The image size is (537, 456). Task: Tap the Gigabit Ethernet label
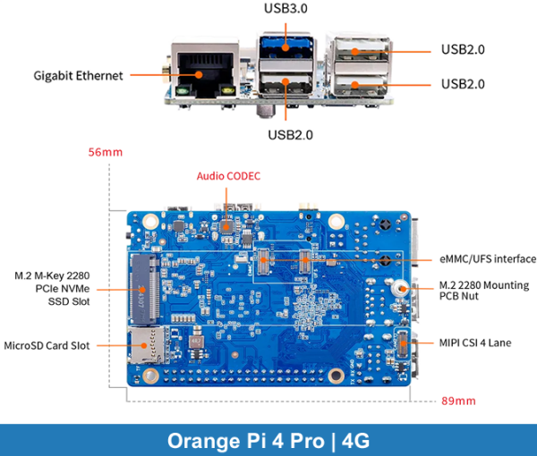pyautogui.click(x=79, y=76)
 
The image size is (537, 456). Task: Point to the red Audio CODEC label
pyautogui.click(x=228, y=176)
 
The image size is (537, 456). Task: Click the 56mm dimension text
pyautogui.click(x=105, y=152)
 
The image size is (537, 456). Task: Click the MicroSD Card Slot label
pyautogui.click(x=47, y=344)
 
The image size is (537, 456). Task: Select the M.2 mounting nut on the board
pyautogui.click(x=402, y=289)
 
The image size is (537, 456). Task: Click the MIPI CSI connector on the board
pyautogui.click(x=402, y=342)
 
